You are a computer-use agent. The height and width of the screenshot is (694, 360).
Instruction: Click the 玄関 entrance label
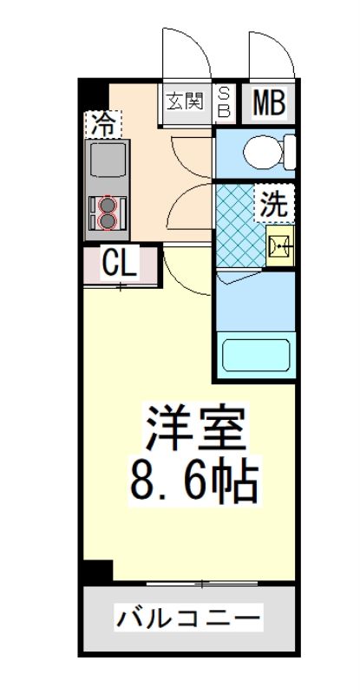[x=185, y=101]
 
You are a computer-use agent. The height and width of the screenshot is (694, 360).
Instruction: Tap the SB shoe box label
[x=223, y=101]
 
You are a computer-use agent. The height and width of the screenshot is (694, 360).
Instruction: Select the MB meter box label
[x=269, y=102]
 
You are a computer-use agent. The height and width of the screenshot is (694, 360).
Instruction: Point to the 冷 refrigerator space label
[x=103, y=123]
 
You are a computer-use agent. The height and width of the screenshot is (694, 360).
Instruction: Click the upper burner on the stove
[x=108, y=206]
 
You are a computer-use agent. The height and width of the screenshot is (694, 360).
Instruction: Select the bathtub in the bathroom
[x=257, y=356]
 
